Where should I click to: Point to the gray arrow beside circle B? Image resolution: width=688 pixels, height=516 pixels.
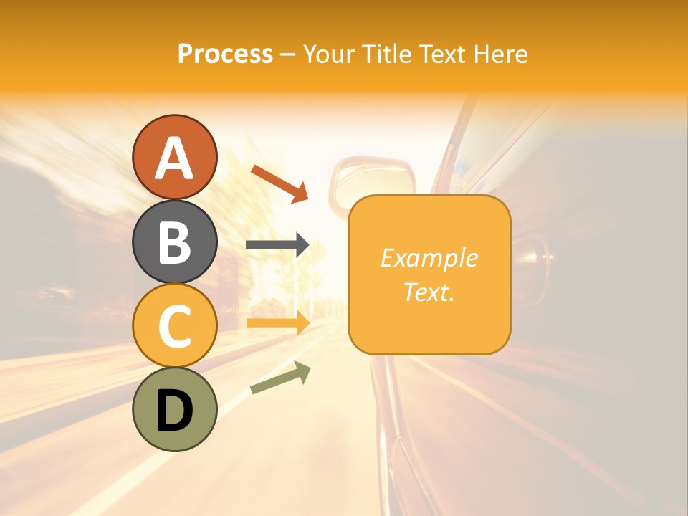coord(277,245)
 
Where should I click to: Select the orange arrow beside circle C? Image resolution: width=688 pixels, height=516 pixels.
coord(277,323)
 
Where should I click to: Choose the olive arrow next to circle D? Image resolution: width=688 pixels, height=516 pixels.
coord(280,378)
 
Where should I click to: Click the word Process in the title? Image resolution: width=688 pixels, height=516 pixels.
coord(225,54)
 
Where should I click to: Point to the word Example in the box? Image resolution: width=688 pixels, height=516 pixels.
coord(429,258)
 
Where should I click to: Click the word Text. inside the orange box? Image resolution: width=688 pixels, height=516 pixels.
coord(429,292)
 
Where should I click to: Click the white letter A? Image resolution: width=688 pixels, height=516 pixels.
coord(174,158)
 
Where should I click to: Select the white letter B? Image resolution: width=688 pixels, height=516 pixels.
coord(174,242)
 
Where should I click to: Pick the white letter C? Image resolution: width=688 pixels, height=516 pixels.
coord(174,326)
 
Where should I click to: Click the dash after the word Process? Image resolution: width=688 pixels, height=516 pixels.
coord(287,54)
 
